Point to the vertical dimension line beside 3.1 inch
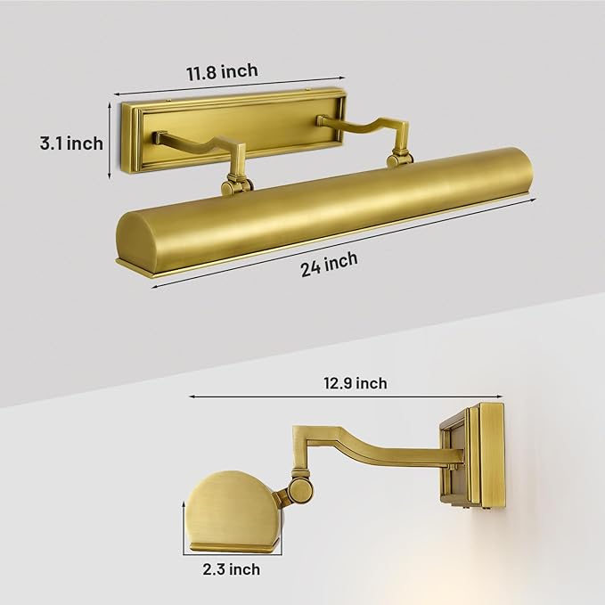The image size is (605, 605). (110, 141)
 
